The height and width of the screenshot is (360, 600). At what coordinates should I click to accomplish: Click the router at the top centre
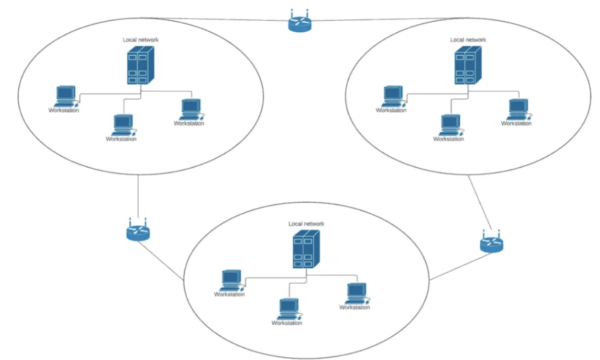[300, 23]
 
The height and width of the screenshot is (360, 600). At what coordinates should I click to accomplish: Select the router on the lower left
[138, 231]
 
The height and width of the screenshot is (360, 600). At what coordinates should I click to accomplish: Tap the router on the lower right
[491, 244]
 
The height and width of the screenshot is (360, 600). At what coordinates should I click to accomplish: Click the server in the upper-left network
[139, 65]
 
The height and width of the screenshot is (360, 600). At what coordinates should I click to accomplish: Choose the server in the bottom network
[306, 249]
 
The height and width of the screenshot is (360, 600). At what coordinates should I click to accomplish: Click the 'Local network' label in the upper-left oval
[141, 39]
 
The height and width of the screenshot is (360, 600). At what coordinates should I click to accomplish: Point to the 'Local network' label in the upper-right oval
[468, 39]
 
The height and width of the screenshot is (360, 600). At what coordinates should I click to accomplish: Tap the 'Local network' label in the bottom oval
[306, 223]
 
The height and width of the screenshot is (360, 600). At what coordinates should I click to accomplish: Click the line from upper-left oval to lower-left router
[138, 197]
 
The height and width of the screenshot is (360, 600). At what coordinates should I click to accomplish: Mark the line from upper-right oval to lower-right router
[479, 202]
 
